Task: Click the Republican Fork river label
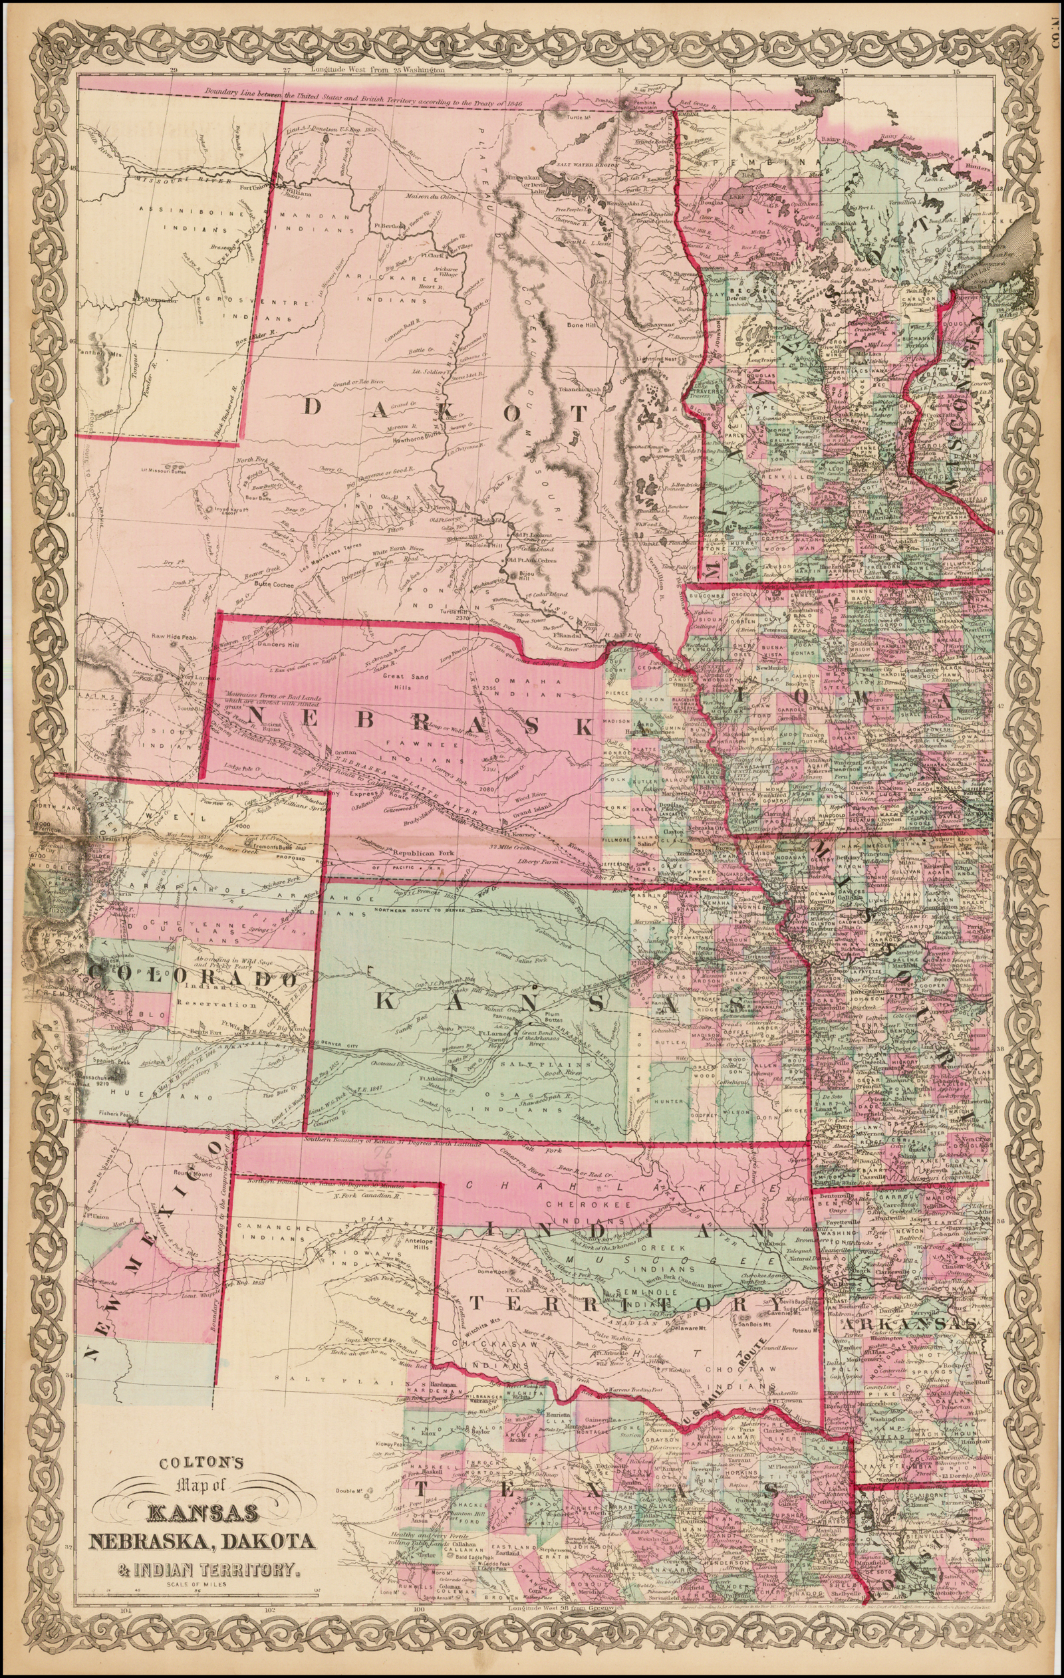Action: point(423,853)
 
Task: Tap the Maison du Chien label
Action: point(433,197)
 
